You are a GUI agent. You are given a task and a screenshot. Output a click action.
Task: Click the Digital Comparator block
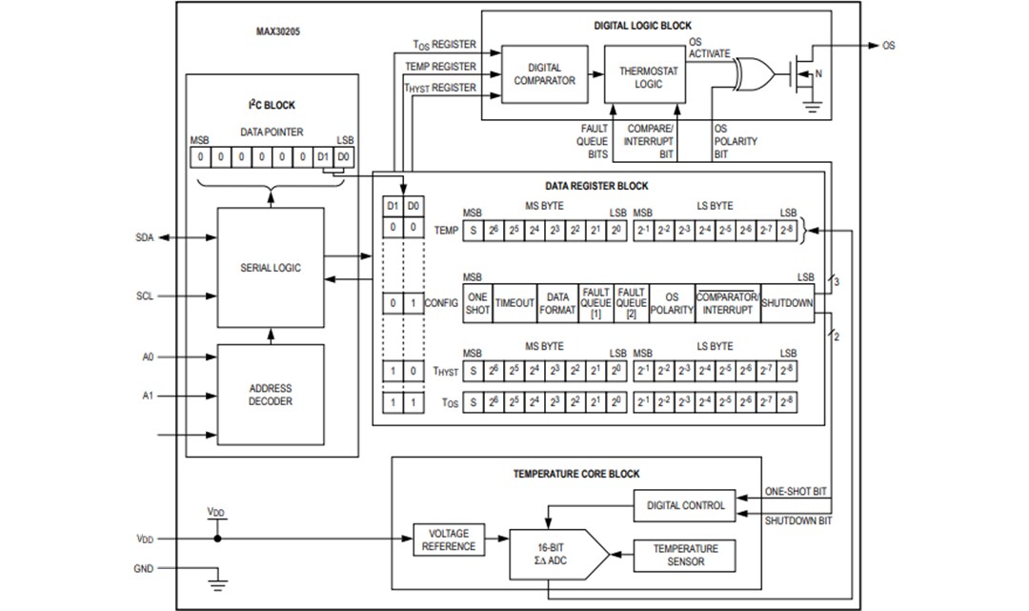click(x=544, y=74)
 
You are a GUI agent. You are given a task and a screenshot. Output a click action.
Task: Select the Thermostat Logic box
click(x=645, y=76)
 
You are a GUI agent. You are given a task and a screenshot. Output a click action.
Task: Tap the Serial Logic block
click(x=270, y=268)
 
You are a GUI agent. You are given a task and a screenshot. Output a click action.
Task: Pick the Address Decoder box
click(x=270, y=395)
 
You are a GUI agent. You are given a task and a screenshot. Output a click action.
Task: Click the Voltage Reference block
click(x=448, y=540)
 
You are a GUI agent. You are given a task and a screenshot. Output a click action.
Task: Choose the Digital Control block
click(x=684, y=505)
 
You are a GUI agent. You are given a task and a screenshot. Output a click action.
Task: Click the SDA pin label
click(x=144, y=237)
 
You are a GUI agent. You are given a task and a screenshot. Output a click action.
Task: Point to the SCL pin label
click(x=144, y=296)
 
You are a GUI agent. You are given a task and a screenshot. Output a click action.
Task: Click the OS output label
click(x=888, y=45)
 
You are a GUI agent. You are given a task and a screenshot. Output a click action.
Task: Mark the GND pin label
click(x=143, y=569)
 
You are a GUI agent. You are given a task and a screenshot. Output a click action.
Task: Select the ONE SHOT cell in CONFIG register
click(x=478, y=303)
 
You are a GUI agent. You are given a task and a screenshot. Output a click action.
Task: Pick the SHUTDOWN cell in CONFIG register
click(x=788, y=303)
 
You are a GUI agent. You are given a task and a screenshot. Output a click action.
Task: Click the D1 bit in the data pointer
click(x=323, y=154)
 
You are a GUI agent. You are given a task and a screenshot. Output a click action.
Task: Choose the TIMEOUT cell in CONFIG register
click(x=515, y=303)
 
